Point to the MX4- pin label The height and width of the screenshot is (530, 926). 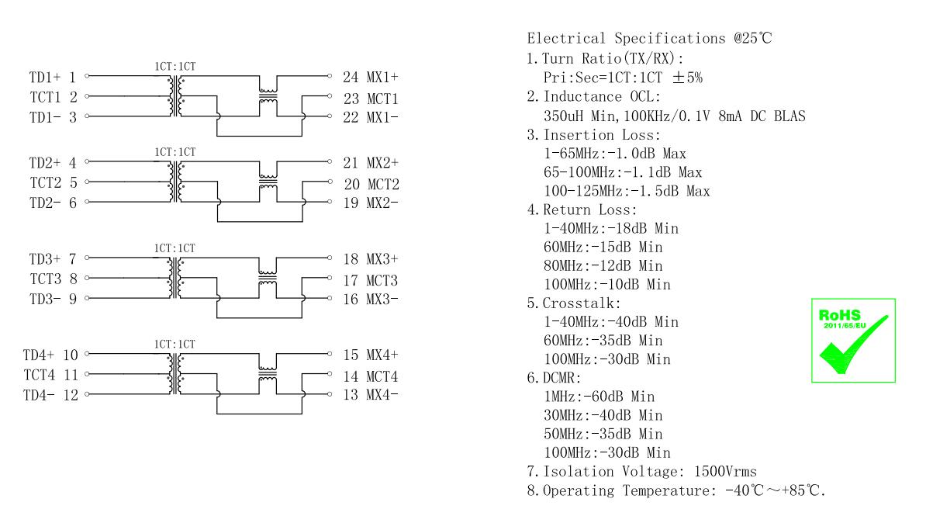click(382, 393)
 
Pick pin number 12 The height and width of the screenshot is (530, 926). click(71, 393)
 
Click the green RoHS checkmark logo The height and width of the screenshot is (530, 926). click(853, 341)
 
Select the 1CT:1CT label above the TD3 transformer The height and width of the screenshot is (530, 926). click(175, 248)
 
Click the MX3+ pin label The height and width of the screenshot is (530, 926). click(382, 258)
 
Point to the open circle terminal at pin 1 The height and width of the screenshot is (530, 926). click(87, 77)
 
